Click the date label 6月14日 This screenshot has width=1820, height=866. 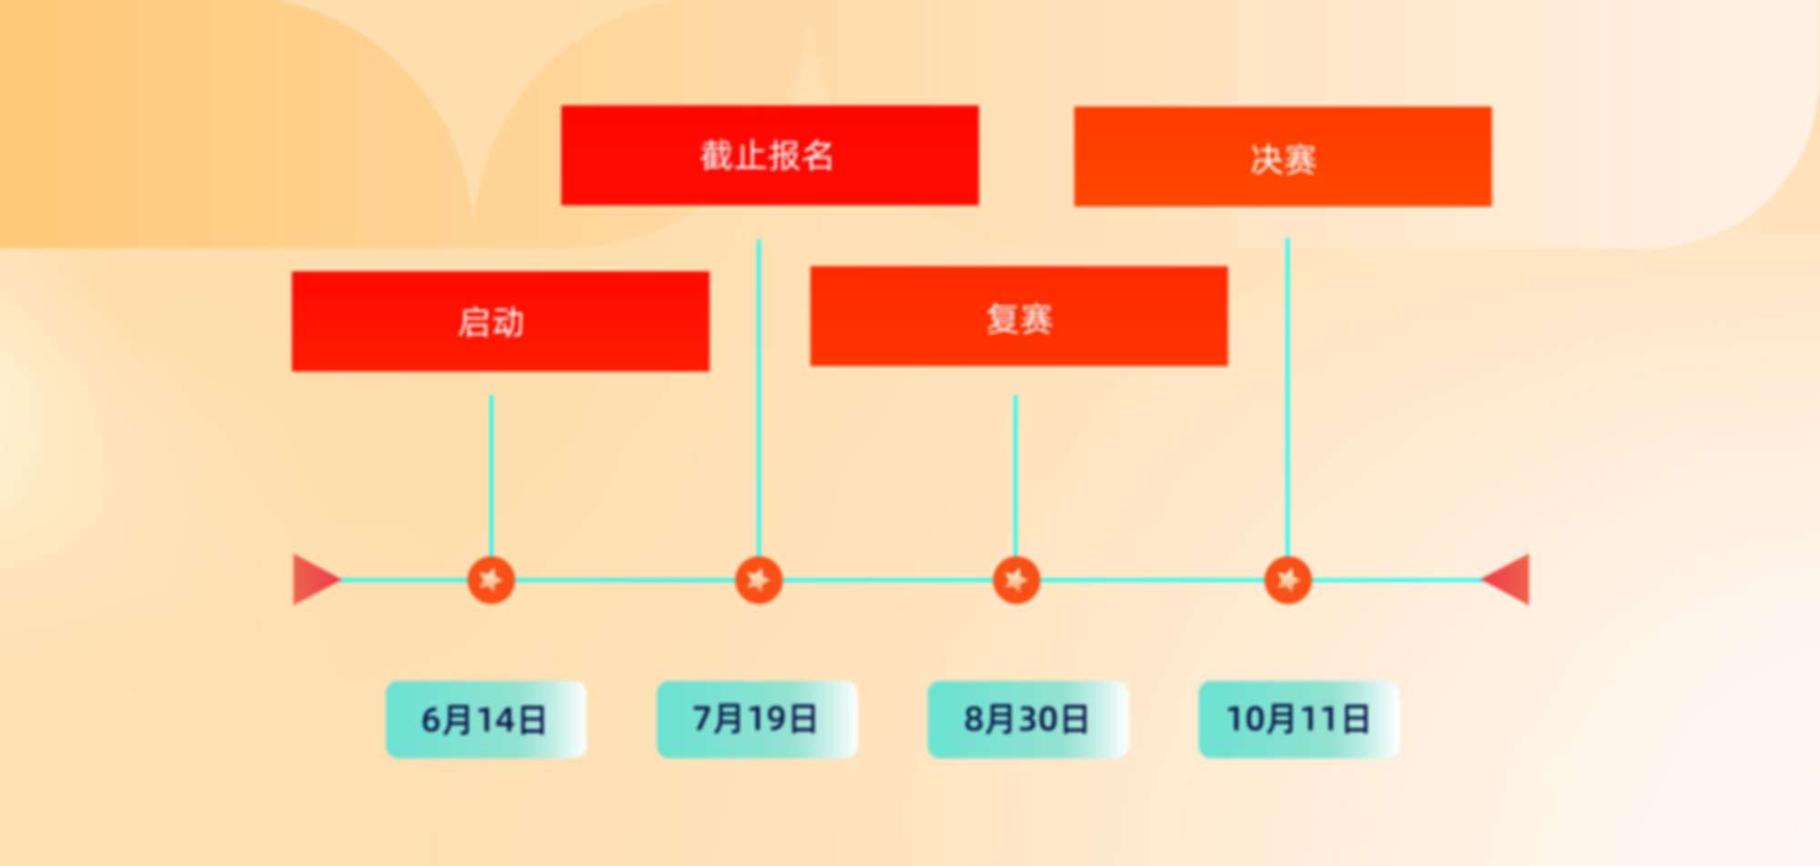(x=486, y=719)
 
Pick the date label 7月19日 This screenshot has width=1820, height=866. (x=757, y=719)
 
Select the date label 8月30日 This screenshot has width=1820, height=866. (x=1027, y=719)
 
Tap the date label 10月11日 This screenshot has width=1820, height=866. (x=1299, y=719)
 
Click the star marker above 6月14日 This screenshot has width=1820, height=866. (x=490, y=579)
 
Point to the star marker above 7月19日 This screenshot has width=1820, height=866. (x=758, y=579)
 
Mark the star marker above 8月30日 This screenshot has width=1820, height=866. (x=1016, y=579)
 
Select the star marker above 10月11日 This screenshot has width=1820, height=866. (x=1288, y=579)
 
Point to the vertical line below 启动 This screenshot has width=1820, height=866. (x=491, y=474)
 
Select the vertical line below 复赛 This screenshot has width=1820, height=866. (x=1016, y=474)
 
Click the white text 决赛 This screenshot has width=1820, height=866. (x=1283, y=159)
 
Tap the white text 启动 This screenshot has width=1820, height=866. (x=490, y=322)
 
